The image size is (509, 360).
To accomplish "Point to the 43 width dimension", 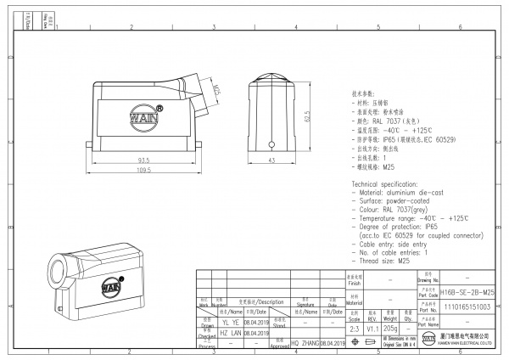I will click(x=271, y=160).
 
